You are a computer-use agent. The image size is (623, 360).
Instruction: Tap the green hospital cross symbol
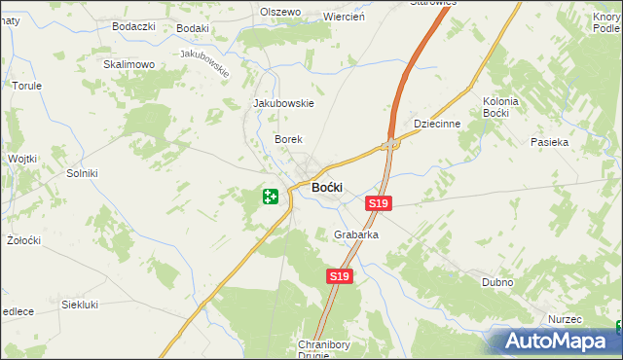[x=271, y=197]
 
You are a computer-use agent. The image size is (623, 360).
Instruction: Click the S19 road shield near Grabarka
[x=338, y=277]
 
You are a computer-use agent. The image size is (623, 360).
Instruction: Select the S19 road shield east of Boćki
[x=379, y=202]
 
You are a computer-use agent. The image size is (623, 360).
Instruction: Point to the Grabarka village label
[x=355, y=235]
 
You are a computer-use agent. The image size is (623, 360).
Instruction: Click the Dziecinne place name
[x=435, y=125]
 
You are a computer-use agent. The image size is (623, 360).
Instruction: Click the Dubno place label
[x=497, y=282]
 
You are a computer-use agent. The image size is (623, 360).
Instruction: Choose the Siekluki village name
[x=81, y=305]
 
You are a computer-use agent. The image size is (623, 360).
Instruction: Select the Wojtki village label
[x=21, y=158]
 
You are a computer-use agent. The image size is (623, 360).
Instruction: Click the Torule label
[x=26, y=86]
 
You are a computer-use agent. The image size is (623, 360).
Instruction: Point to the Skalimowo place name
[x=129, y=64]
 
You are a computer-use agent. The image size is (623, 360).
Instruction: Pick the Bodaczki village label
[x=133, y=26]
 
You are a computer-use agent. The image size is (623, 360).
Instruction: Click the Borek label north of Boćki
[x=288, y=140]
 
